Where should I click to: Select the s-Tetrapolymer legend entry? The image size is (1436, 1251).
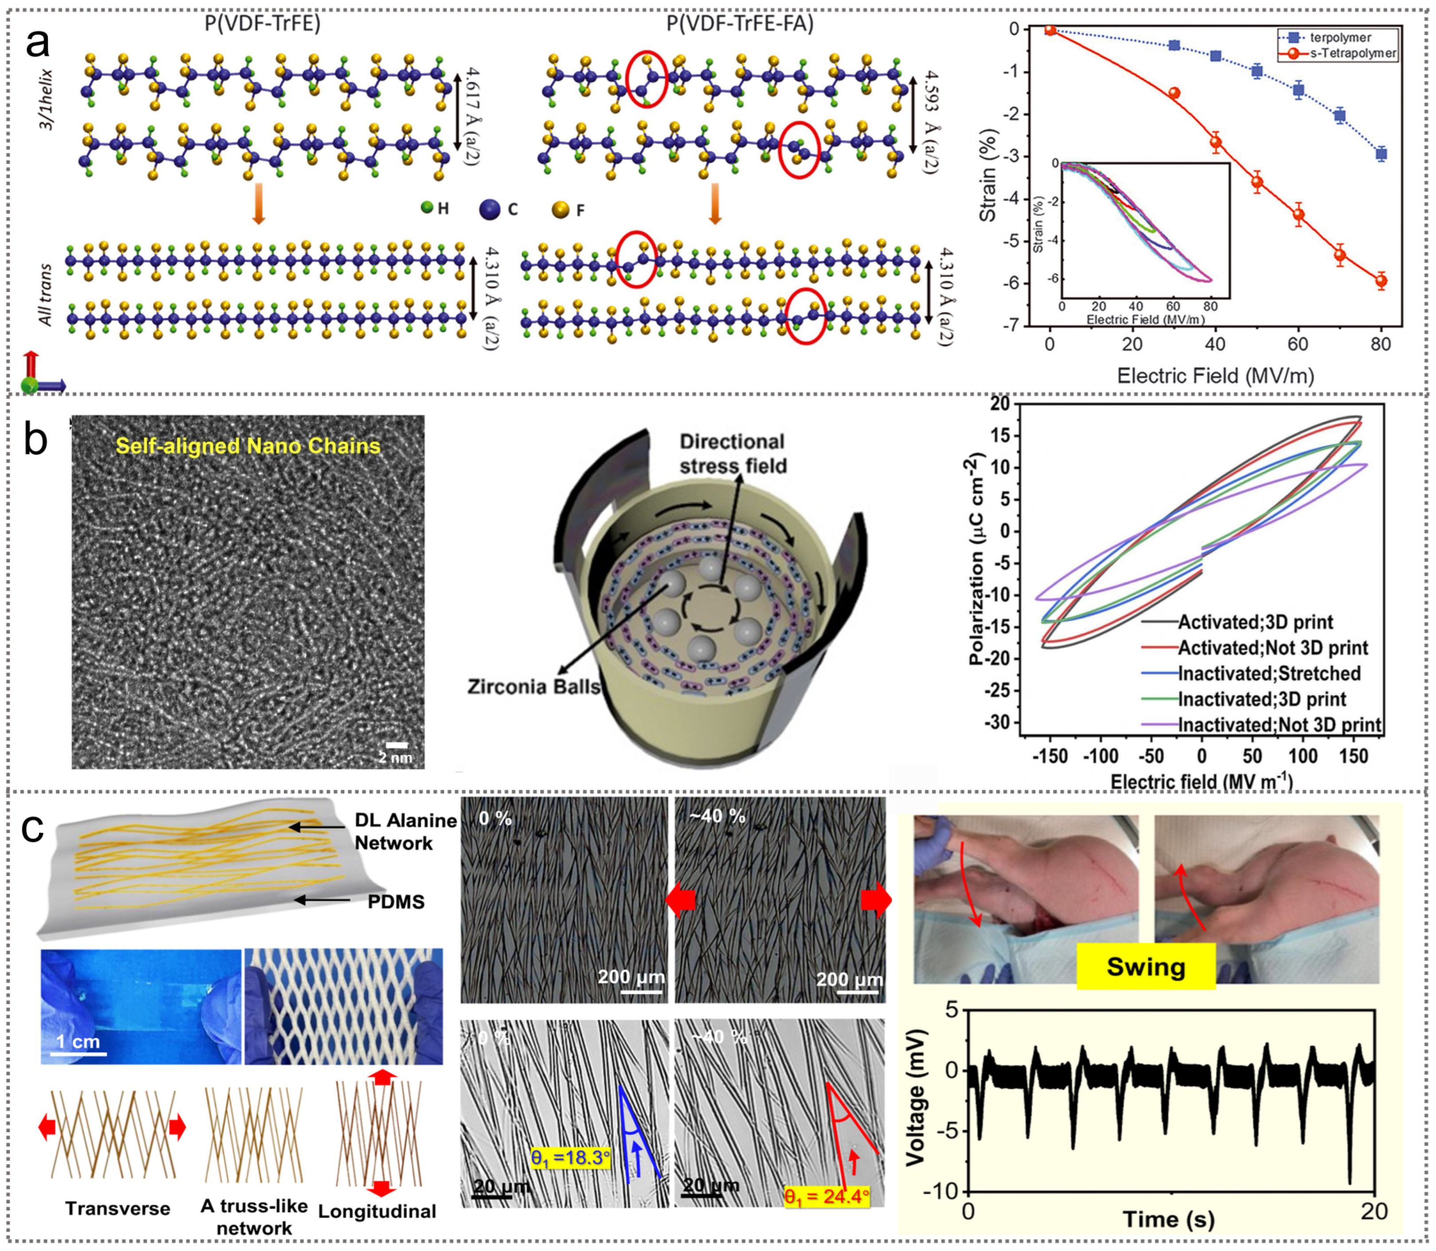1351,53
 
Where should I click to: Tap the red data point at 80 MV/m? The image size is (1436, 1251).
1381,281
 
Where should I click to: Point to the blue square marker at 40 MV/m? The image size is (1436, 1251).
1215,56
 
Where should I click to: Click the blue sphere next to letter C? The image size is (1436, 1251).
491,209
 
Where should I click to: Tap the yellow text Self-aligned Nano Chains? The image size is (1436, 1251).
248,446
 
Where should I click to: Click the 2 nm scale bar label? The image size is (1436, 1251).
395,757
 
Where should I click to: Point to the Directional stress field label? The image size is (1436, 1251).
733,454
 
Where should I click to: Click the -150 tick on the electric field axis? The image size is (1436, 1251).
1050,756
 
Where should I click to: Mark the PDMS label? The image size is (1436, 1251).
396,902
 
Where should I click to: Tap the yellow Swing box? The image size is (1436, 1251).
1145,967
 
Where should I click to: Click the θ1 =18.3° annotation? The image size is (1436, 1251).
570,1158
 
